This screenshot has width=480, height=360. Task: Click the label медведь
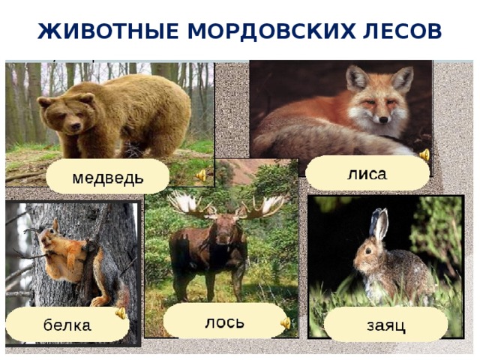pos(108,178)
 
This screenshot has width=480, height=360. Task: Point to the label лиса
pos(367,174)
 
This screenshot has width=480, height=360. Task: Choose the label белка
pos(67,325)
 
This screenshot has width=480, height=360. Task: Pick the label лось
pos(224,321)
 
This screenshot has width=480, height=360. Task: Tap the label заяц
pos(386,325)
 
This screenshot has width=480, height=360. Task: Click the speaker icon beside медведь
pos(201,175)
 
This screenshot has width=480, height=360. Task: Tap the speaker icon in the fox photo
pos(424,155)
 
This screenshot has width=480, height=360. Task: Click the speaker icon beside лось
pos(285,323)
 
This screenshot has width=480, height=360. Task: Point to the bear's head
pos(64,112)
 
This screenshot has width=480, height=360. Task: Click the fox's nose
pos(383,118)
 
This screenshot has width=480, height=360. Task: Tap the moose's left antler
pos(191,203)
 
